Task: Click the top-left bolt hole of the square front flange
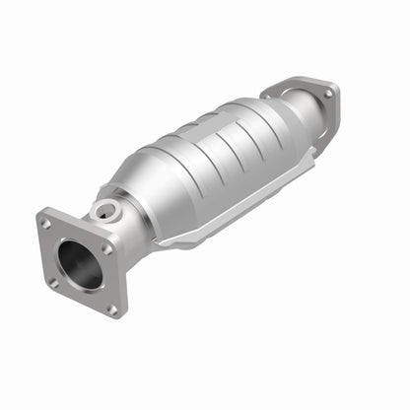(46, 224)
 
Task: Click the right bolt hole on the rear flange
(328, 93)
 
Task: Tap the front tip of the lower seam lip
(158, 242)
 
